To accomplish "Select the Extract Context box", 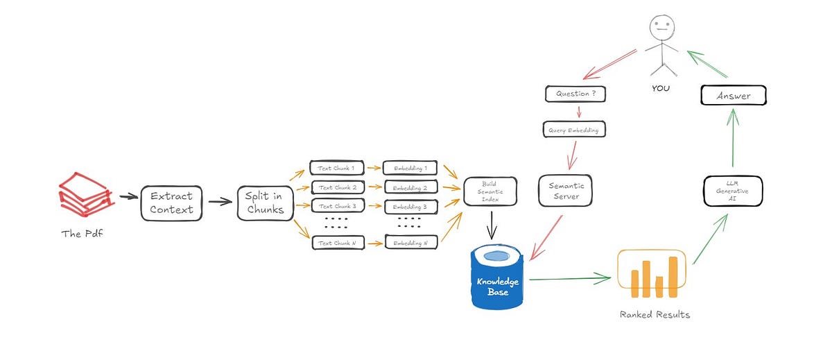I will coord(171,203).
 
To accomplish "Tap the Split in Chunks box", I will coord(265,203).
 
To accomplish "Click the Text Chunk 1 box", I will coord(336,168).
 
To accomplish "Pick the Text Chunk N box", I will coord(336,242).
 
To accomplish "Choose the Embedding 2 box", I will coord(410,187).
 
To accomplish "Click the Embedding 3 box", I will coord(410,206).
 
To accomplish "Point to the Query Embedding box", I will coord(573,129).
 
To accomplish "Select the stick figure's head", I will coord(660,28).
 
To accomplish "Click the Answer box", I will coord(733,96).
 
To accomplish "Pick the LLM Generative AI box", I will coord(732,191).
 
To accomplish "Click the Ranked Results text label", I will coord(655,314).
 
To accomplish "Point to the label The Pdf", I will coord(83,233).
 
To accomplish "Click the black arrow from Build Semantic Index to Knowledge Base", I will coord(490,225).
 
